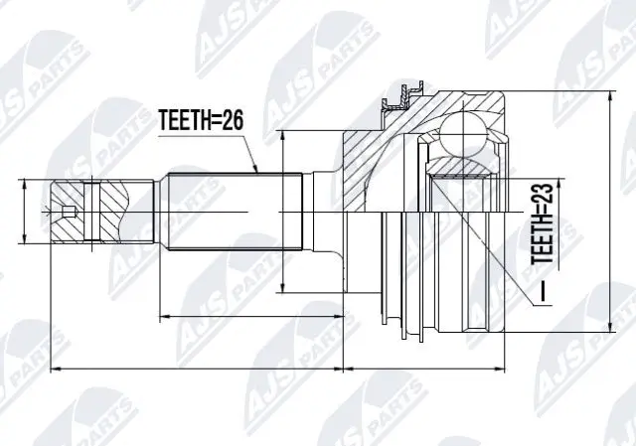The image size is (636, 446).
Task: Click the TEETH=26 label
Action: point(201,121)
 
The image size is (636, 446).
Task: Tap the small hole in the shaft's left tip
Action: point(67,212)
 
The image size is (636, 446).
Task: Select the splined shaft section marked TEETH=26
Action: point(235,212)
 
